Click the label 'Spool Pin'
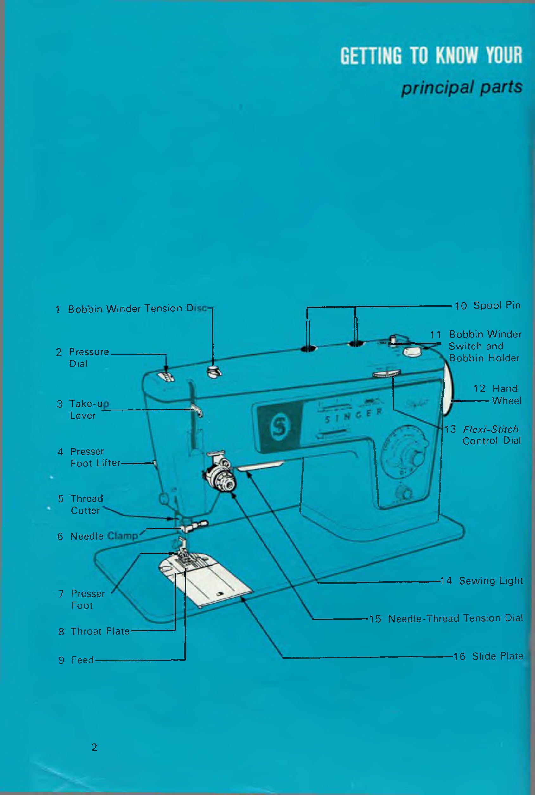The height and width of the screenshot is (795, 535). click(x=497, y=305)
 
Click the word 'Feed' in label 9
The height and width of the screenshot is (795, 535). click(x=82, y=660)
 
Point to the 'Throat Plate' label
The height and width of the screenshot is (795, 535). click(x=100, y=631)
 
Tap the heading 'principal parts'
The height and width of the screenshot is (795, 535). click(x=461, y=88)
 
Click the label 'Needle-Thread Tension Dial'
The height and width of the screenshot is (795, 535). click(x=455, y=618)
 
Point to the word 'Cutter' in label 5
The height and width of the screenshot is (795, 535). click(x=85, y=511)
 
